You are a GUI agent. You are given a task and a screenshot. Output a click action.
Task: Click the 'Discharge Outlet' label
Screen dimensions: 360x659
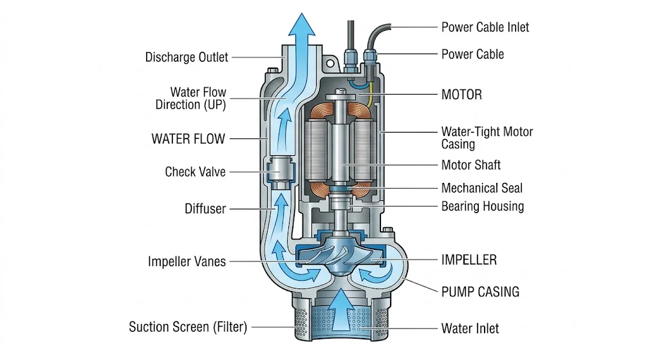[x=187, y=57]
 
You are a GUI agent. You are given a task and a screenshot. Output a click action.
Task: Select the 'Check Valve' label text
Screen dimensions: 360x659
[x=196, y=172]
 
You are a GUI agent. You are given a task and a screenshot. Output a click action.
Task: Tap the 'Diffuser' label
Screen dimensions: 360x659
[x=205, y=209]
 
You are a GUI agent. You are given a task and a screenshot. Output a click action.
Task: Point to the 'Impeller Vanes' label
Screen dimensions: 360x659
[x=187, y=261]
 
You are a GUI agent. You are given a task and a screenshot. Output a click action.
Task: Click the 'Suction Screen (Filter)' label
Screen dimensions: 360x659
[x=188, y=327]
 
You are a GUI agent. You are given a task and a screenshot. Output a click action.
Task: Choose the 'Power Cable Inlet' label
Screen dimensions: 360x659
[x=485, y=27]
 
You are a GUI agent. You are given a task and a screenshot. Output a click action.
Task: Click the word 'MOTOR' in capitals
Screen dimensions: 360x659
[x=461, y=95]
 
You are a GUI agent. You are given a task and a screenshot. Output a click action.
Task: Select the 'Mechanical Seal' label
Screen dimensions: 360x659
[x=482, y=188]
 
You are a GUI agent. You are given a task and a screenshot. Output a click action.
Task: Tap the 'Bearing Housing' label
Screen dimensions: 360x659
[x=483, y=207]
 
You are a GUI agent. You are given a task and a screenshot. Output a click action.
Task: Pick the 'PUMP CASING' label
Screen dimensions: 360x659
[x=480, y=292]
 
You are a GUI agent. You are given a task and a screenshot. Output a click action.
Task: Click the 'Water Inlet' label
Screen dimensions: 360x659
[x=470, y=328]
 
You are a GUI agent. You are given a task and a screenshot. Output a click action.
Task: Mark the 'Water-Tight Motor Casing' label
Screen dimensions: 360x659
[x=487, y=138]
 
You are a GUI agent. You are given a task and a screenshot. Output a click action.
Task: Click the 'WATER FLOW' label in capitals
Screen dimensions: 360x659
[x=189, y=138]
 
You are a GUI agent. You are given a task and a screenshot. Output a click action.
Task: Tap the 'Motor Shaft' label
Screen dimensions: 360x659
[x=471, y=165]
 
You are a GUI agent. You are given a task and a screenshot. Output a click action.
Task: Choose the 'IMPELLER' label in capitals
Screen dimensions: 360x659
[x=469, y=260]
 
